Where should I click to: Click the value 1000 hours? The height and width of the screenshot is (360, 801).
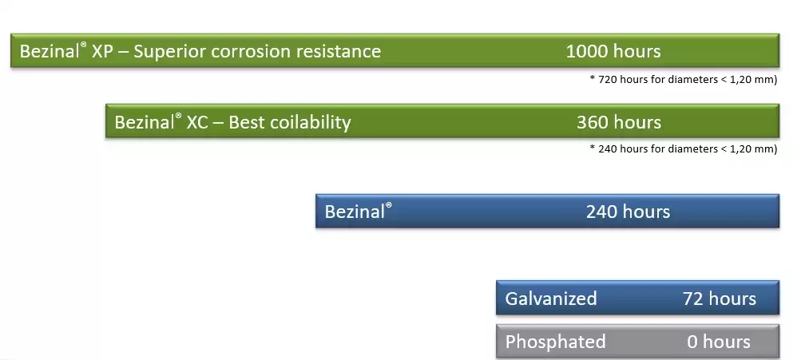(613, 51)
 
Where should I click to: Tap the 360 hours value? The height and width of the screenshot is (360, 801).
(619, 122)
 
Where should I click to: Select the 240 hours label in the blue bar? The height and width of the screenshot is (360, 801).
(628, 212)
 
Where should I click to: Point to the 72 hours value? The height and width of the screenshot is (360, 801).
(720, 299)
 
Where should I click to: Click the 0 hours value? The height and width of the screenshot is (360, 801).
(719, 342)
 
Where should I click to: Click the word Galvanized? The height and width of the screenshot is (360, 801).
(551, 299)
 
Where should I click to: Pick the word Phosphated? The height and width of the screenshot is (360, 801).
(555, 342)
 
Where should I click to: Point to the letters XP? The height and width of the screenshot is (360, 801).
(102, 52)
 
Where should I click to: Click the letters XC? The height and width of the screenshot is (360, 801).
(197, 123)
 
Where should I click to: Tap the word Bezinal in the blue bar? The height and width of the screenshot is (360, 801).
(354, 212)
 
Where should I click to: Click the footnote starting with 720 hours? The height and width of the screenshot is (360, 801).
(683, 80)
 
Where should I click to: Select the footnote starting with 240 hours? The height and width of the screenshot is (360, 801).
(683, 149)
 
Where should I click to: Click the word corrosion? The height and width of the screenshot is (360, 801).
(250, 52)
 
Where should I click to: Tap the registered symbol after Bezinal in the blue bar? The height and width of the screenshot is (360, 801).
(388, 205)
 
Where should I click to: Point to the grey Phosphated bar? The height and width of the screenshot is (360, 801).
(637, 341)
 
